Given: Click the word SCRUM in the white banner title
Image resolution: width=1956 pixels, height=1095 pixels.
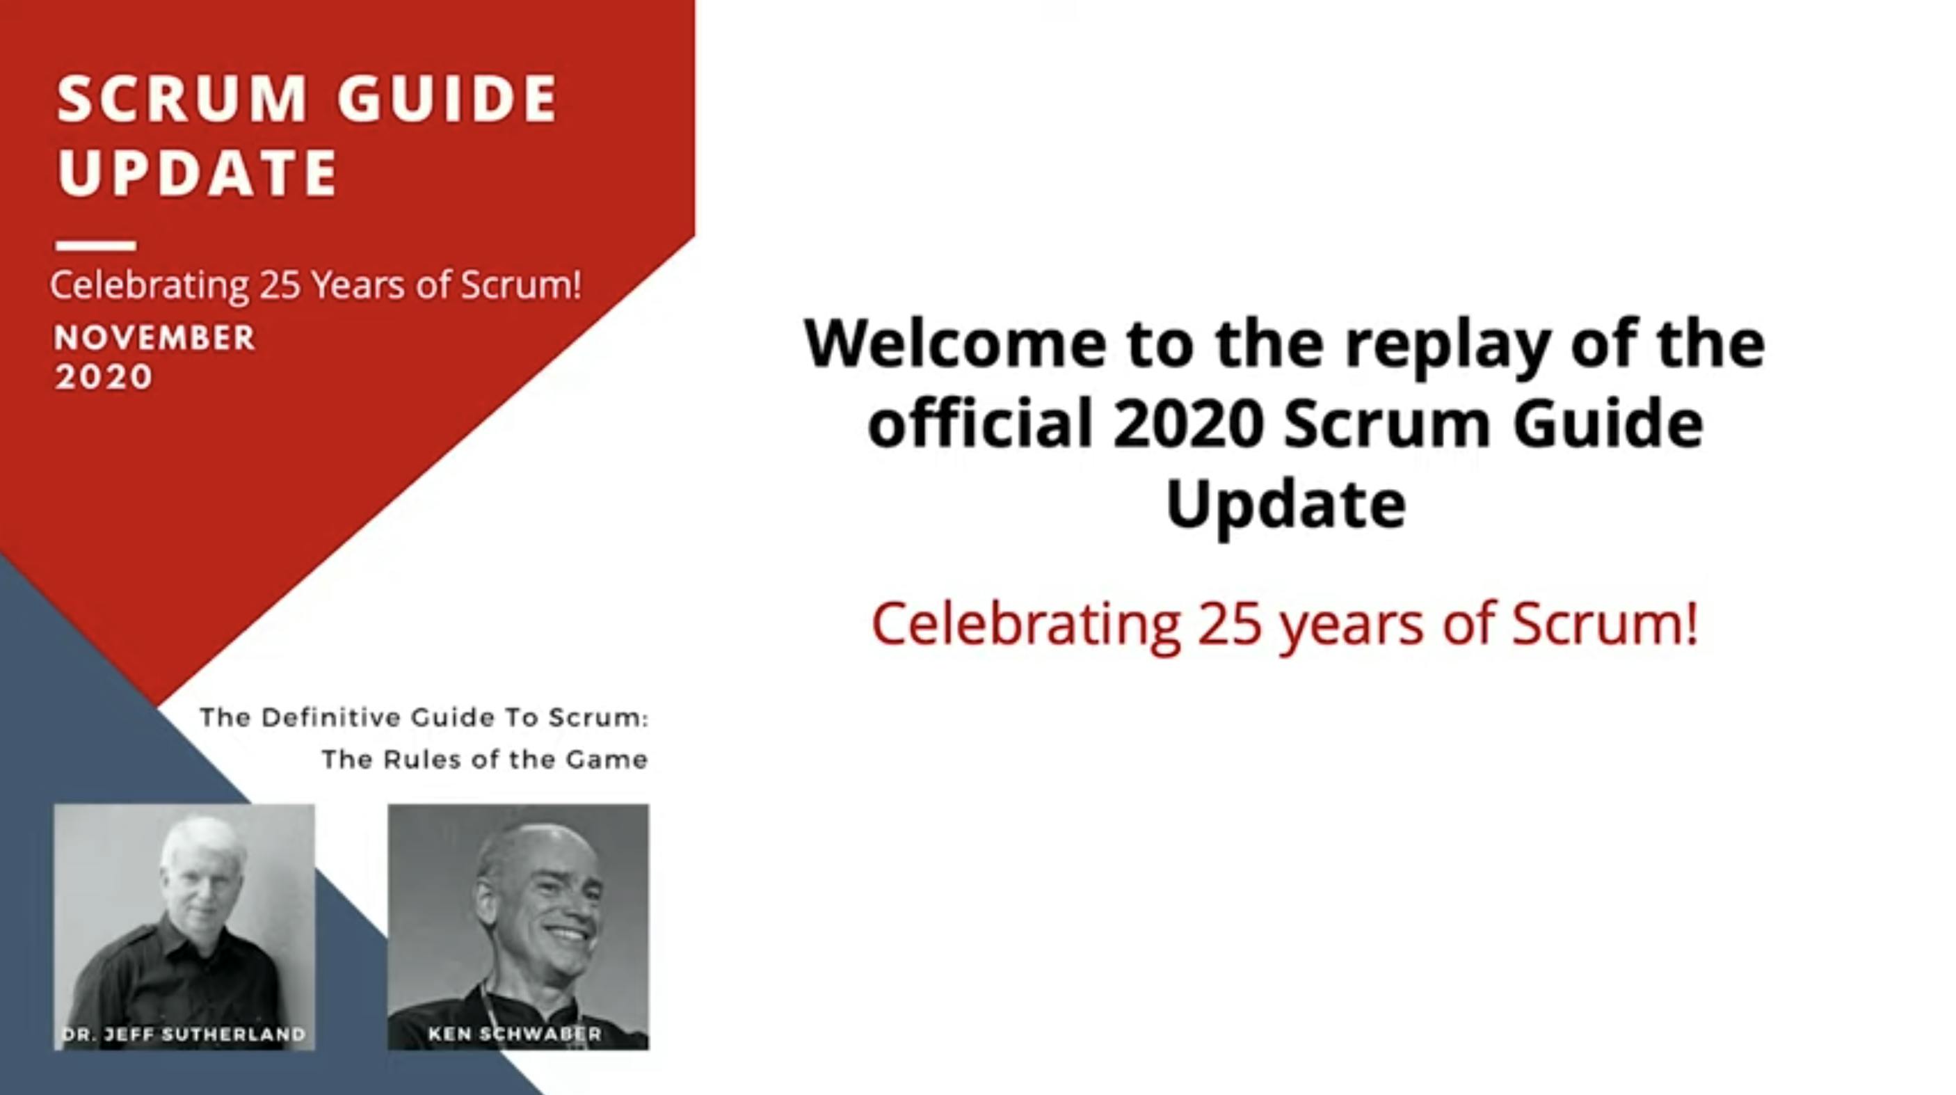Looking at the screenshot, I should (x=182, y=99).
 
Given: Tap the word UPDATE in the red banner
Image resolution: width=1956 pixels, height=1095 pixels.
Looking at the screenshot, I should (x=198, y=173).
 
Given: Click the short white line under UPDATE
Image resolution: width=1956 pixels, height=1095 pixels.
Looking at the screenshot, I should (x=96, y=246).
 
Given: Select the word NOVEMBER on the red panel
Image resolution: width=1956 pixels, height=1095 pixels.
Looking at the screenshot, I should (x=154, y=338).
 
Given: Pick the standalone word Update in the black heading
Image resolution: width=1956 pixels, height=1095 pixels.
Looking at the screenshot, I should (x=1285, y=506).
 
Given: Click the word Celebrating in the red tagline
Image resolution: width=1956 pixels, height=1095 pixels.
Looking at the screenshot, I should (x=1025, y=623).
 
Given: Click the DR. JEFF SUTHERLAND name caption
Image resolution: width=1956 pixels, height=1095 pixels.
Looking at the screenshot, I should (x=184, y=1034).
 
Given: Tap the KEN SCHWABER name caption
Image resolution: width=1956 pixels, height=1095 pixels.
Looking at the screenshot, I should (x=515, y=1034).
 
